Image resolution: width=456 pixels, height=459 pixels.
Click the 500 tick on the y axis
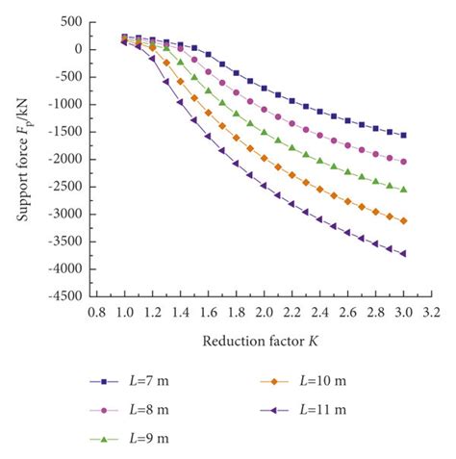[x=69, y=21]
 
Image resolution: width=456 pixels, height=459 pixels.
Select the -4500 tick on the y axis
[x=63, y=296]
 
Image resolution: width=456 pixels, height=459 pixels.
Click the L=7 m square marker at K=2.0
[x=264, y=88]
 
